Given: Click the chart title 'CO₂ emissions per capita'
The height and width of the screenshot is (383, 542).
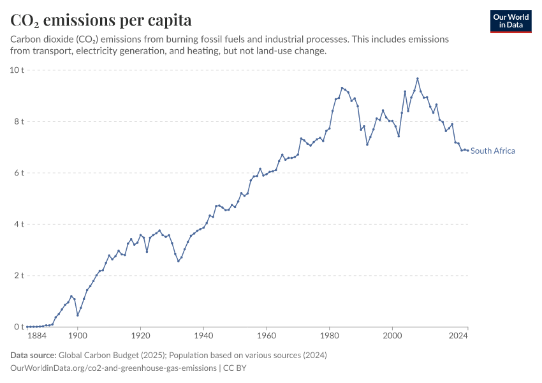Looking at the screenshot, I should coord(101,20).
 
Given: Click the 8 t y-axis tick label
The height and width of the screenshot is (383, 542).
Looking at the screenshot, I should coord(19,121).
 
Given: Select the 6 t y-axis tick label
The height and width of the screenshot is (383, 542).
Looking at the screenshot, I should coord(19,172).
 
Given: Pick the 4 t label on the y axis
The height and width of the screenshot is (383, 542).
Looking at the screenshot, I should coord(19,224).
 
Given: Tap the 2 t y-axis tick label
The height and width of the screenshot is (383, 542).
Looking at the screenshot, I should coord(19,276).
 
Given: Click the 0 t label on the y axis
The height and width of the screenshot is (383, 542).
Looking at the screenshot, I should coord(19,327).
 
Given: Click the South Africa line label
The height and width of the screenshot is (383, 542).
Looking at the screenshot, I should coord(493,151).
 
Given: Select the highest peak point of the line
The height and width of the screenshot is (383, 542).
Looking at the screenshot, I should coord(417,79).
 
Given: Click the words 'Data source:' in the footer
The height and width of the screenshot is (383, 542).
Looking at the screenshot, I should coord(33,355).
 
